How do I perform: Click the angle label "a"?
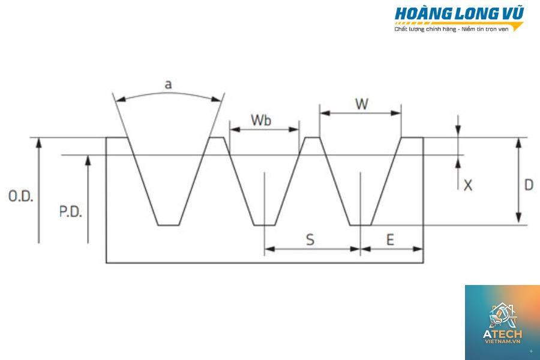168,85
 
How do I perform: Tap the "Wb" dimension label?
261,120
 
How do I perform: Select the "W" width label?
362,104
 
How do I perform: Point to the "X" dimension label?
467,185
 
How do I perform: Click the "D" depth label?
528,185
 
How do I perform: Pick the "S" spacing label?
310,240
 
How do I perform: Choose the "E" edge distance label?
390,240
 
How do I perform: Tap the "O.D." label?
20,196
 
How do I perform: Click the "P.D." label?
71,212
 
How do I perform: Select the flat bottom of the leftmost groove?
169,226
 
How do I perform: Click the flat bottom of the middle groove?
265,226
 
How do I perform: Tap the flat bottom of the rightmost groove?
360,226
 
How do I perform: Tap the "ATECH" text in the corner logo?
502,334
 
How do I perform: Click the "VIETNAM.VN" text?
502,341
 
